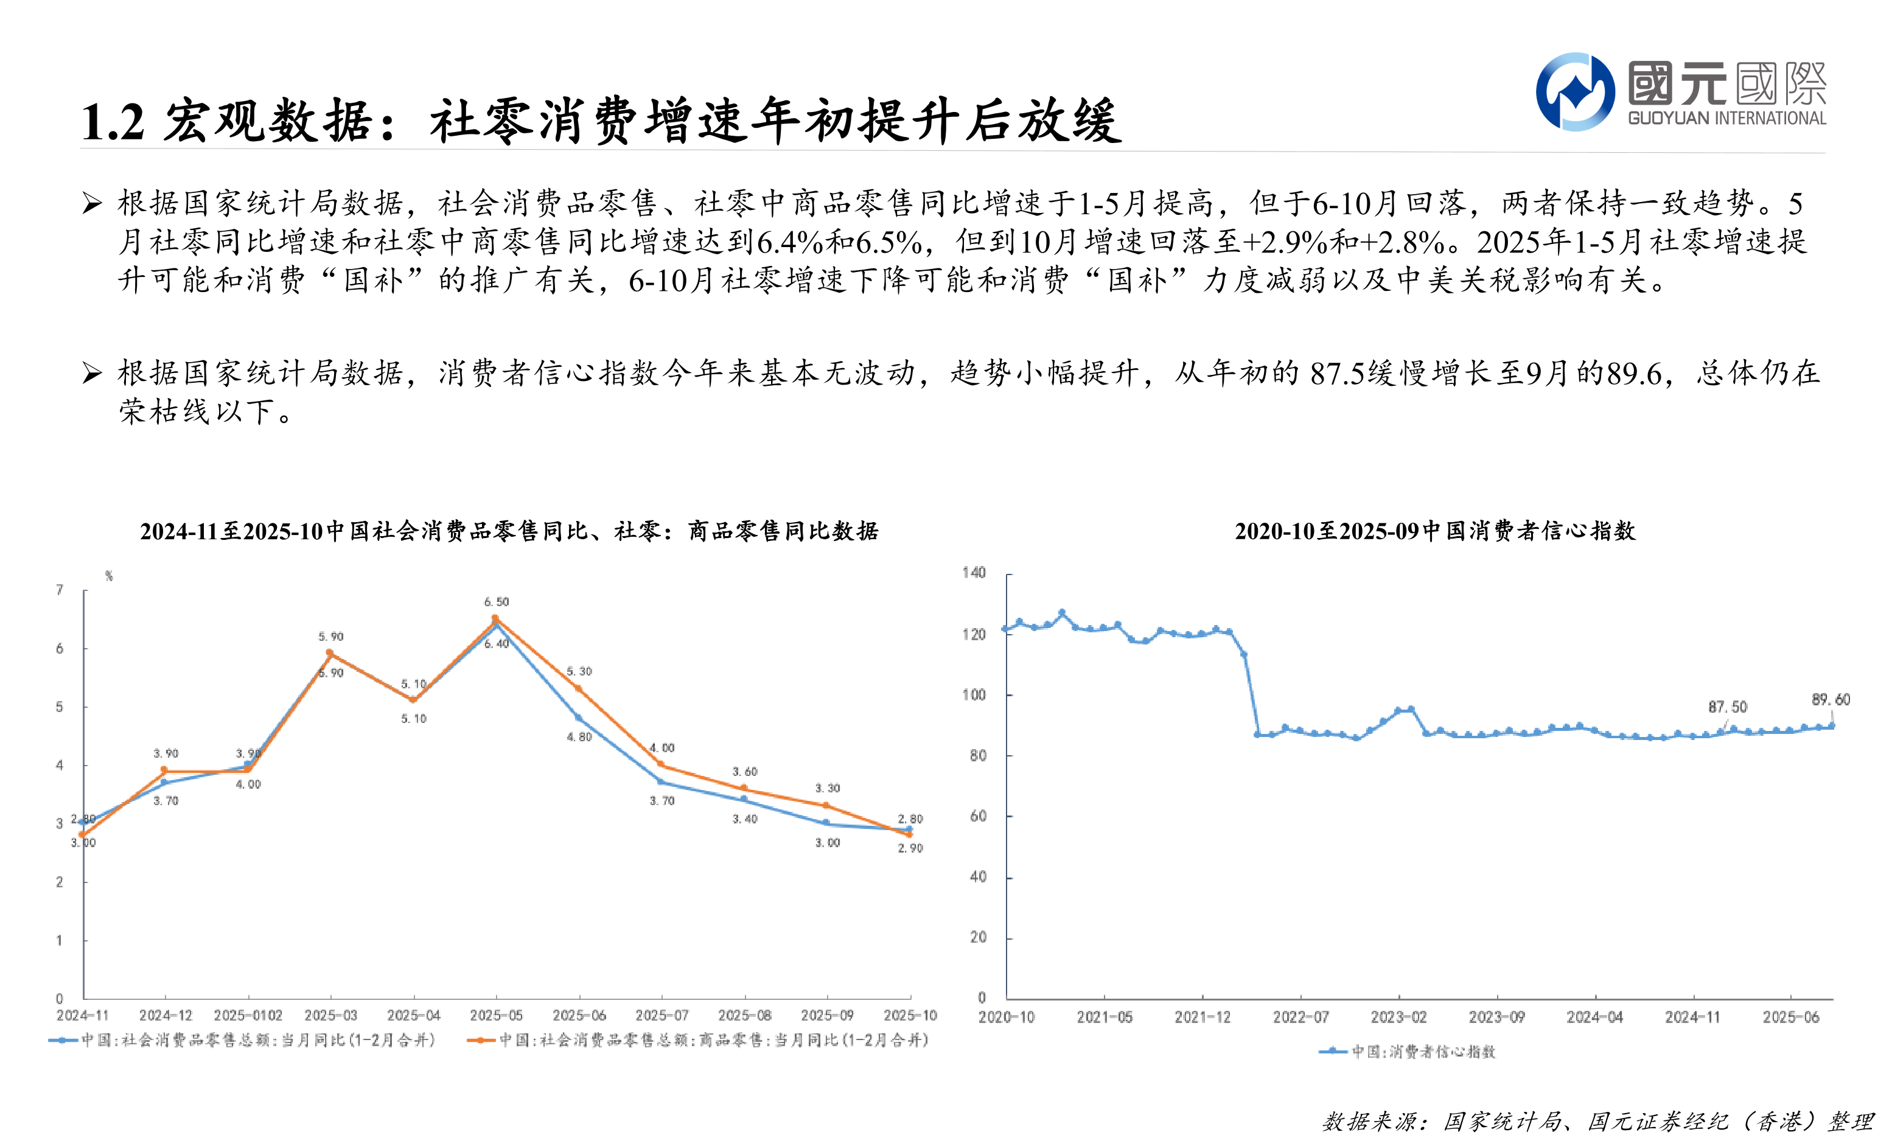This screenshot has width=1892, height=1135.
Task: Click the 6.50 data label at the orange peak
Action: point(497,602)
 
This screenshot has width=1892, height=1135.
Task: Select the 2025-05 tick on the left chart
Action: point(497,1015)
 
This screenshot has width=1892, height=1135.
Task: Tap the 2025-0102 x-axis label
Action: point(248,1015)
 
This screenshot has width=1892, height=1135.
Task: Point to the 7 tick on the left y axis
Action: point(60,590)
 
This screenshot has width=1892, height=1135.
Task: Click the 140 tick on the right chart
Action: point(974,573)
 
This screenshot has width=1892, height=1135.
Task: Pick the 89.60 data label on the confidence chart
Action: point(1831,699)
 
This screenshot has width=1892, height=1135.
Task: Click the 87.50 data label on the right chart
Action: point(1728,707)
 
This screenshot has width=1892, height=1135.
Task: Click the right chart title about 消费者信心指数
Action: point(1435,531)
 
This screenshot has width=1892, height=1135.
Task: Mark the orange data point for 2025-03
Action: point(330,653)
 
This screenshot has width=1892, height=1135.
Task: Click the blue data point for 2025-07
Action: point(661,781)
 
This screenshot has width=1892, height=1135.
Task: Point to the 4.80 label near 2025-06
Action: point(579,737)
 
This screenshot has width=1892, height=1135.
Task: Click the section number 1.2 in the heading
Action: point(113,122)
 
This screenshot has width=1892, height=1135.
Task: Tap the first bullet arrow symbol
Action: point(93,203)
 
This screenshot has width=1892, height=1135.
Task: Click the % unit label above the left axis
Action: point(110,576)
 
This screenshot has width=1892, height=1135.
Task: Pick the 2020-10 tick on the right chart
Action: point(1007,1017)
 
